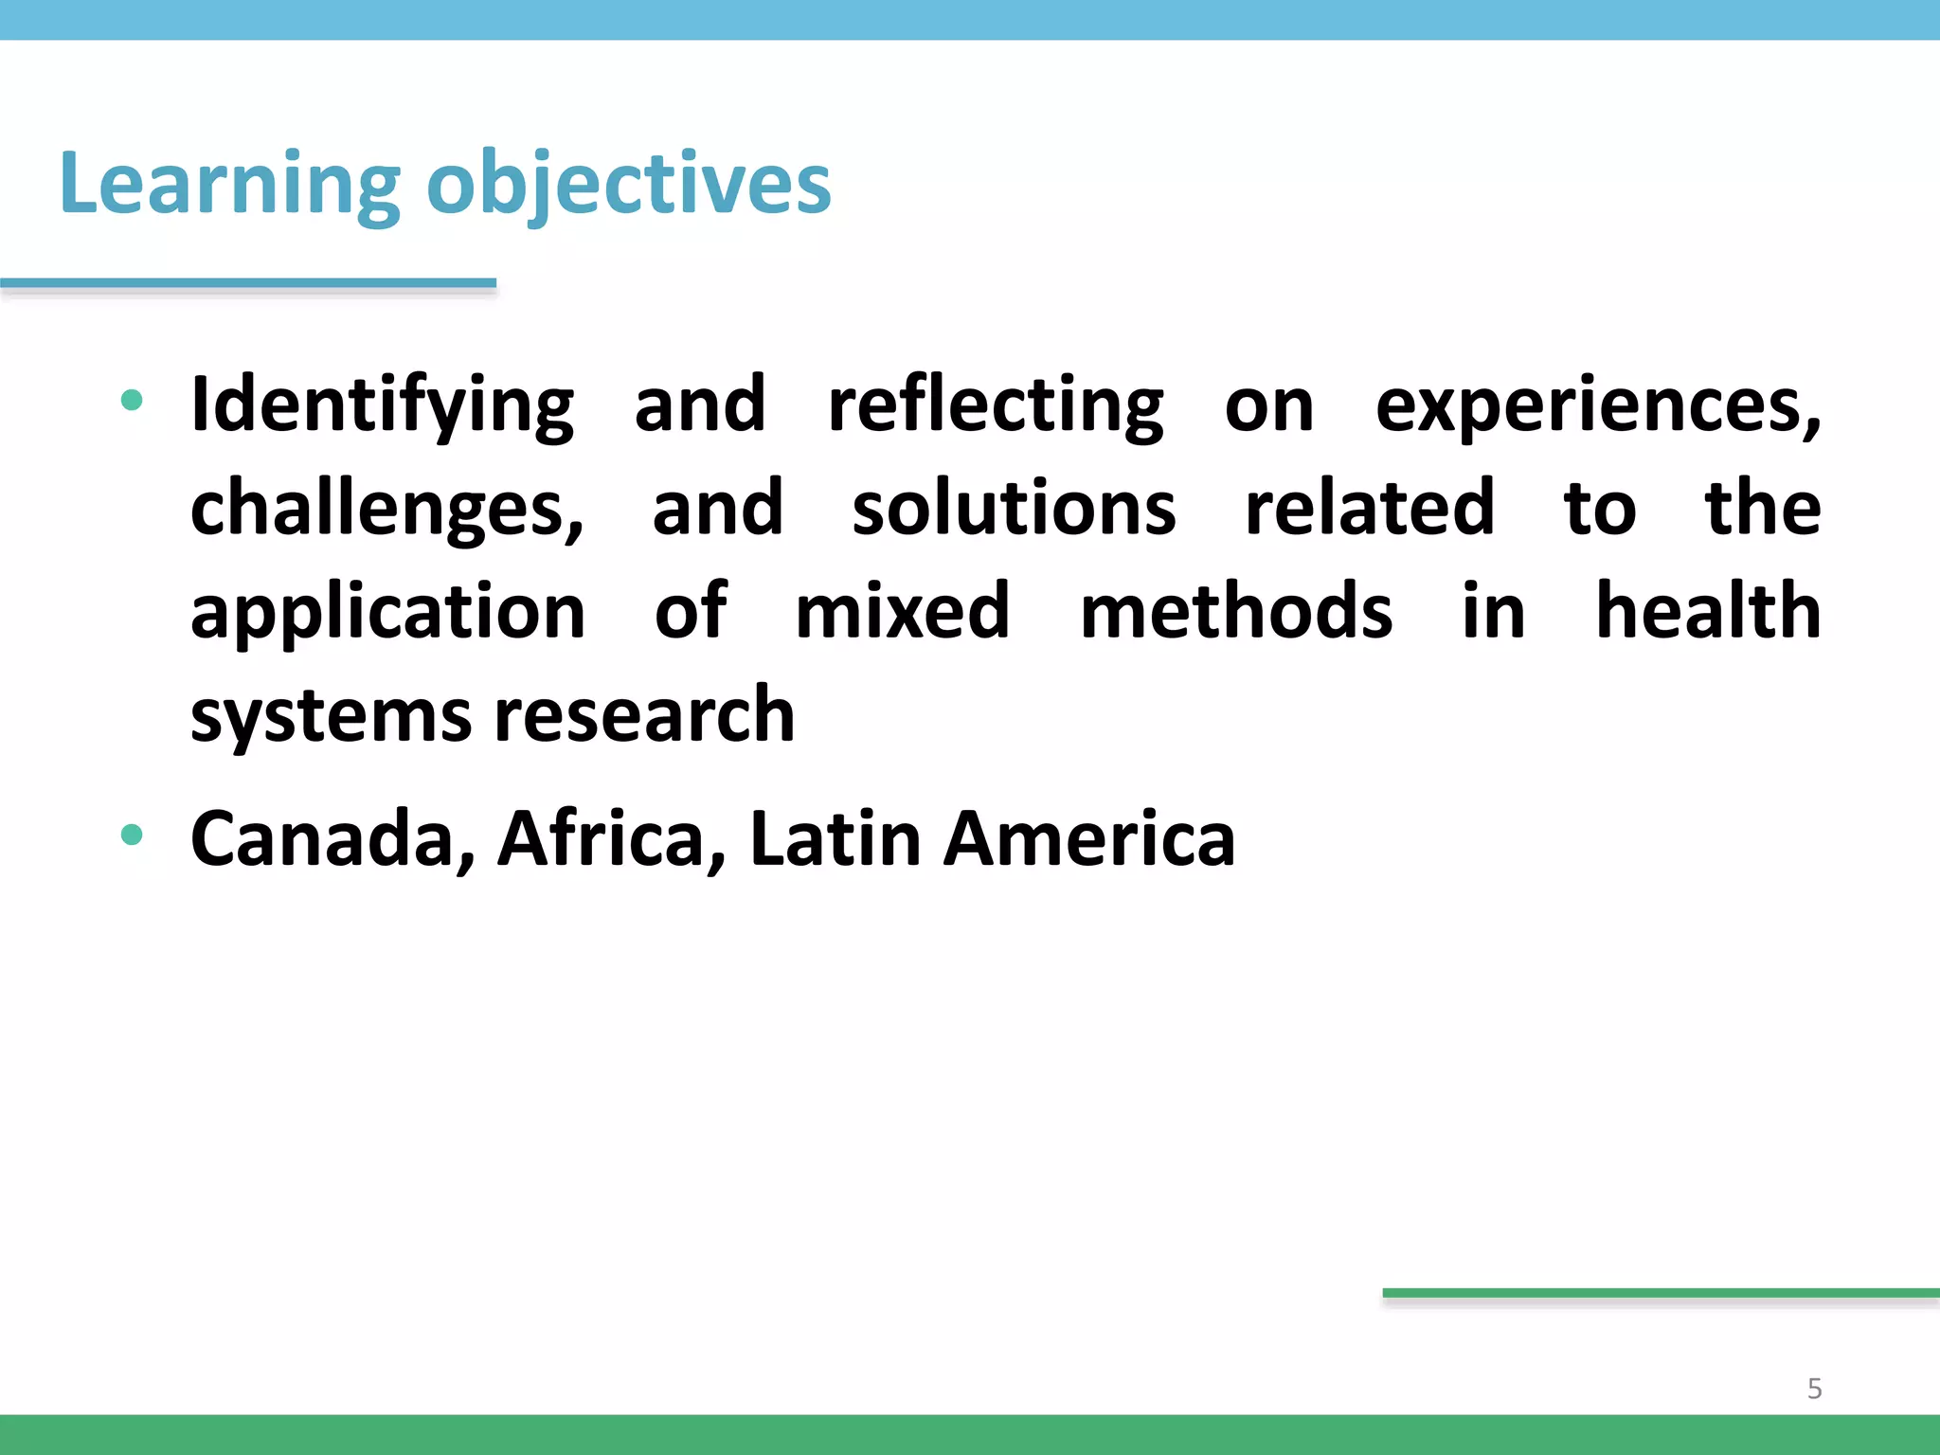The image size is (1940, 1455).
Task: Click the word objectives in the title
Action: pyautogui.click(x=629, y=184)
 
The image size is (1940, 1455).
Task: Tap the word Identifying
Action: pyautogui.click(x=382, y=405)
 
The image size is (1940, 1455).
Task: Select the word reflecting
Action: pyautogui.click(x=996, y=405)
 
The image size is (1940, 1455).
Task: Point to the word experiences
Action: pyautogui.click(x=1597, y=405)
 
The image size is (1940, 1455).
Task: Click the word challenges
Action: pyautogui.click(x=386, y=509)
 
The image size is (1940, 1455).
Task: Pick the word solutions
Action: pyautogui.click(x=1014, y=509)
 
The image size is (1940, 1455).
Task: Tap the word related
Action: pyautogui.click(x=1369, y=509)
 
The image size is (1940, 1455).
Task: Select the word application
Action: pyautogui.click(x=387, y=612)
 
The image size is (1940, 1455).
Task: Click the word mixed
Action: pyautogui.click(x=903, y=612)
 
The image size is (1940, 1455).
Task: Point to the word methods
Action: pyautogui.click(x=1236, y=612)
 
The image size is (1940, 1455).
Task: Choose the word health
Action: pyautogui.click(x=1708, y=612)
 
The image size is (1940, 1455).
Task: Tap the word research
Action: pyautogui.click(x=644, y=716)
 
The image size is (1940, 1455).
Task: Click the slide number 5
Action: pyautogui.click(x=1814, y=1389)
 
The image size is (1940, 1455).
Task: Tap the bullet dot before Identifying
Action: pyautogui.click(x=132, y=401)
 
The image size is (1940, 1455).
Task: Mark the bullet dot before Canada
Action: pyautogui.click(x=132, y=835)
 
